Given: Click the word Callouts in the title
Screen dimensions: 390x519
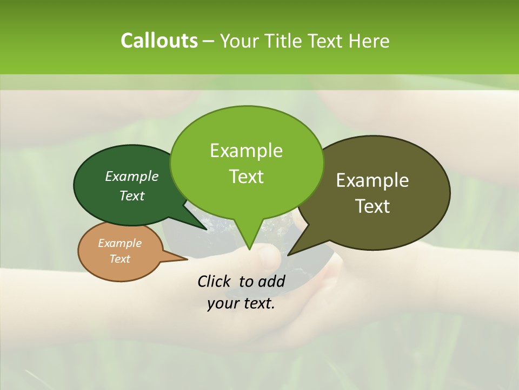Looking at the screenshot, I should click(159, 41).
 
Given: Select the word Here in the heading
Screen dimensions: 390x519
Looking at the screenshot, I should click(369, 41).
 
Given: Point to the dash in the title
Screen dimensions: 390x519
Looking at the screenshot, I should click(209, 41).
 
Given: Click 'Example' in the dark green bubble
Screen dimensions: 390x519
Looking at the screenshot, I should click(132, 176).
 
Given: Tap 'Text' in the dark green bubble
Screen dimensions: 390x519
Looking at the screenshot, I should click(132, 196).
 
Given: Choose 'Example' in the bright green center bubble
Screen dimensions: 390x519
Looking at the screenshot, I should click(246, 151).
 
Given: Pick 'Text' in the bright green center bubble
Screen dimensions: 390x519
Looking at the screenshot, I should click(246, 177).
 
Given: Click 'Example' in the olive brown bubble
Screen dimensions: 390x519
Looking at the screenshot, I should click(372, 180).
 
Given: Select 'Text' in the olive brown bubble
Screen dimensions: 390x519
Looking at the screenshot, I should click(372, 206).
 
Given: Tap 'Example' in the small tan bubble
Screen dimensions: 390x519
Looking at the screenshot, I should click(119, 243).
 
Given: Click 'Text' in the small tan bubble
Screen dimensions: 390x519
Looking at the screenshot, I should click(119, 259).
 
